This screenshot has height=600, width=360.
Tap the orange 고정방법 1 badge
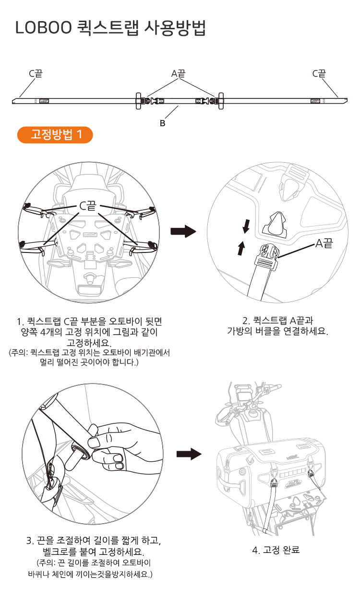click(55, 135)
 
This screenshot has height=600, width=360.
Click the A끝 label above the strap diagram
click(178, 73)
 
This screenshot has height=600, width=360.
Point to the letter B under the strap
click(162, 123)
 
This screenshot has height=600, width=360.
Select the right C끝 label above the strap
click(319, 73)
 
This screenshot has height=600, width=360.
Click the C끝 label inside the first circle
click(88, 205)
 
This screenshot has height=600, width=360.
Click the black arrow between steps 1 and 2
click(183, 232)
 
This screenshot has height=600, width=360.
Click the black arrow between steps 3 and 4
click(188, 454)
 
